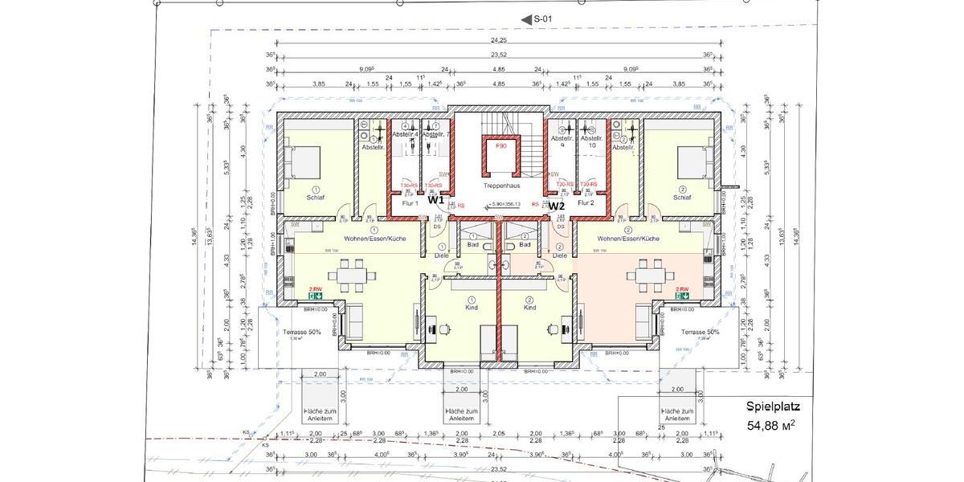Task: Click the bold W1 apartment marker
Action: point(435,202)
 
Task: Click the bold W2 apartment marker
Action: point(557,206)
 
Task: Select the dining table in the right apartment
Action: point(647,277)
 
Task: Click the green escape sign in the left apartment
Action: point(316,294)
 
